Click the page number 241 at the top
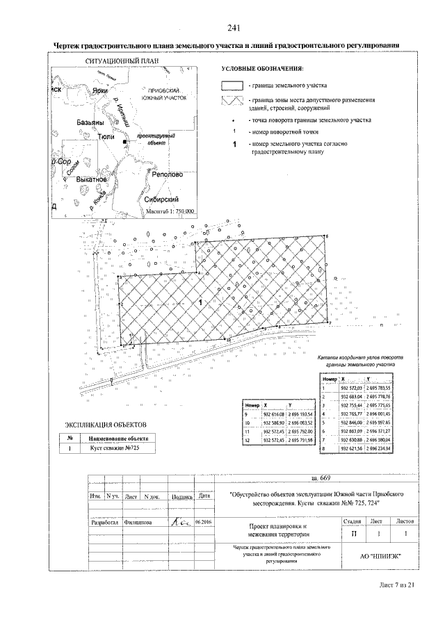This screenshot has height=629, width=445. coord(233,28)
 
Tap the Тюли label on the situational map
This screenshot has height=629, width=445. coord(106,138)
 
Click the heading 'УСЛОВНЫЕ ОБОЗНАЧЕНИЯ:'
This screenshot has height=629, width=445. coord(262,70)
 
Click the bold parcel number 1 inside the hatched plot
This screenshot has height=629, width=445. coord(200,303)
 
